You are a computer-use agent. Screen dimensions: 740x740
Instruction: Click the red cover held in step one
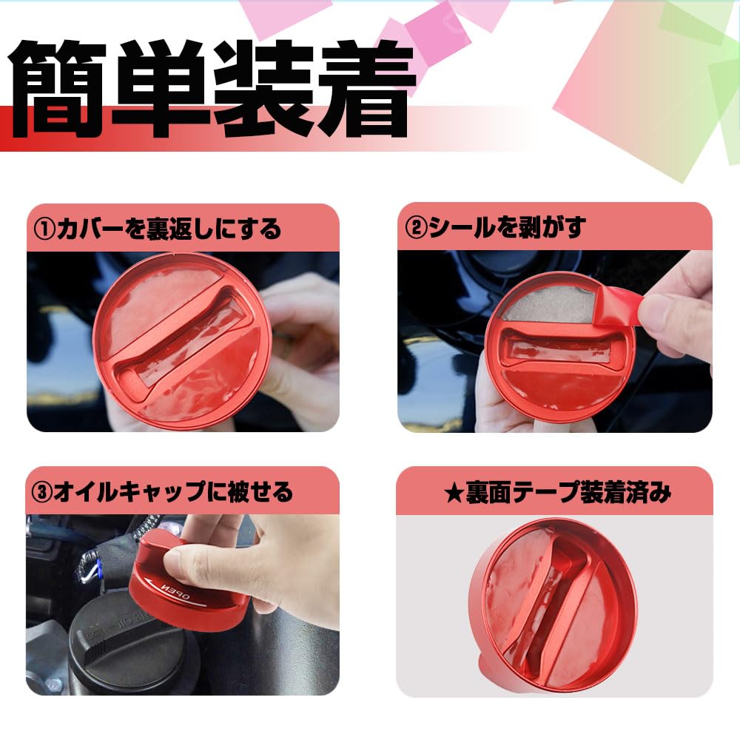click(181, 340)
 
